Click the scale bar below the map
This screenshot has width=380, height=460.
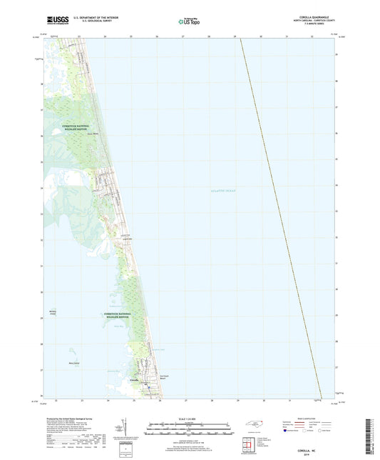[x=189, y=429]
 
